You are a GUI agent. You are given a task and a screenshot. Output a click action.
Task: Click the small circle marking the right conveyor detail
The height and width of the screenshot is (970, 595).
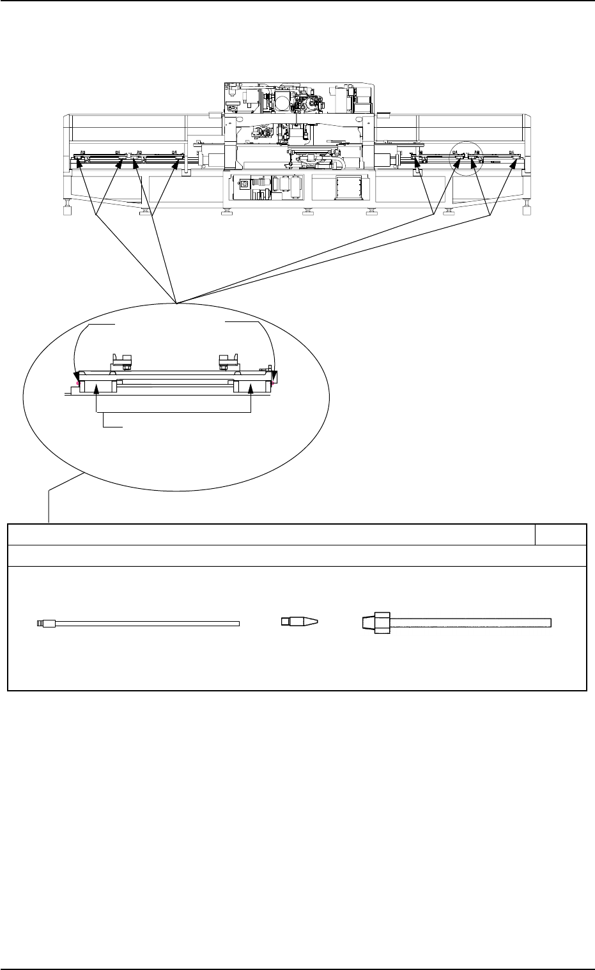(x=467, y=157)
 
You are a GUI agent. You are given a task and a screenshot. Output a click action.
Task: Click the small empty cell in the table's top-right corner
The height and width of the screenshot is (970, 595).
(x=560, y=534)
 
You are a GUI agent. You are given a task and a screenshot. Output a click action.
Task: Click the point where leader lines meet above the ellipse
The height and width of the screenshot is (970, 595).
(x=176, y=298)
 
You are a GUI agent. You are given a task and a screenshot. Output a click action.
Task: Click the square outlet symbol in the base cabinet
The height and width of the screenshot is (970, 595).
(x=243, y=184)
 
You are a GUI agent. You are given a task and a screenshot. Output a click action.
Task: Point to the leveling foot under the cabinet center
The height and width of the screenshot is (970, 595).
(x=307, y=212)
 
